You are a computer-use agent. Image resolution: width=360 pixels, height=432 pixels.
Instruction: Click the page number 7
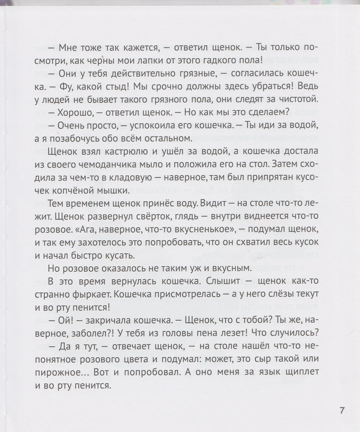(x=342, y=411)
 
